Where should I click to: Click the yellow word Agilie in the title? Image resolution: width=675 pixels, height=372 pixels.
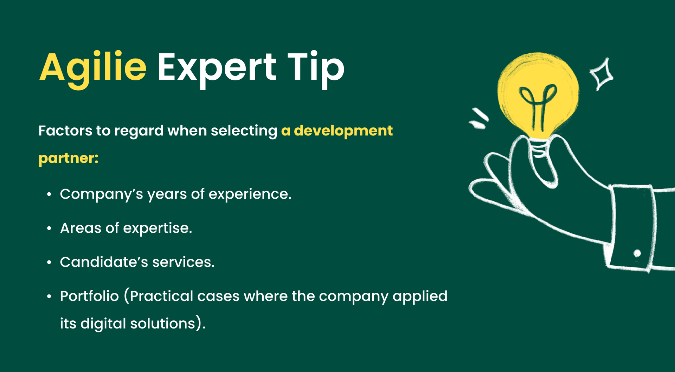[x=93, y=68]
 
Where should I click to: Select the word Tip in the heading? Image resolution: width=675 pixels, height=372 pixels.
[x=316, y=68]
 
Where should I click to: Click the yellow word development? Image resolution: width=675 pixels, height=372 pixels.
[x=343, y=131]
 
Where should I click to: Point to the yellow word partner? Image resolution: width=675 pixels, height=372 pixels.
[x=68, y=158]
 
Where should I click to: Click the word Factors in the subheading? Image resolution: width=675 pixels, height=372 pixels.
[x=65, y=131]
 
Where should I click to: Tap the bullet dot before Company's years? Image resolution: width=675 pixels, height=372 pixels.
[x=49, y=194]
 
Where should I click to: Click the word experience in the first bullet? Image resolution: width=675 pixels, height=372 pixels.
[x=250, y=194]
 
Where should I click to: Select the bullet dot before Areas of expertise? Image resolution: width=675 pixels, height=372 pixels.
[x=49, y=228]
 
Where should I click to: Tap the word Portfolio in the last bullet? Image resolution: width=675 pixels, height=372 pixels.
[x=89, y=296]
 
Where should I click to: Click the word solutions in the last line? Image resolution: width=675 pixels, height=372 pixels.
[x=162, y=324]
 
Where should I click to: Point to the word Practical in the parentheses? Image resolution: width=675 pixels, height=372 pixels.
[x=161, y=296]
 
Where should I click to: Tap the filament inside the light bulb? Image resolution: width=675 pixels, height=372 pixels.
[x=538, y=105]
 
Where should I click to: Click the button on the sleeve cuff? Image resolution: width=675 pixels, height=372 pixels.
[x=637, y=253]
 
